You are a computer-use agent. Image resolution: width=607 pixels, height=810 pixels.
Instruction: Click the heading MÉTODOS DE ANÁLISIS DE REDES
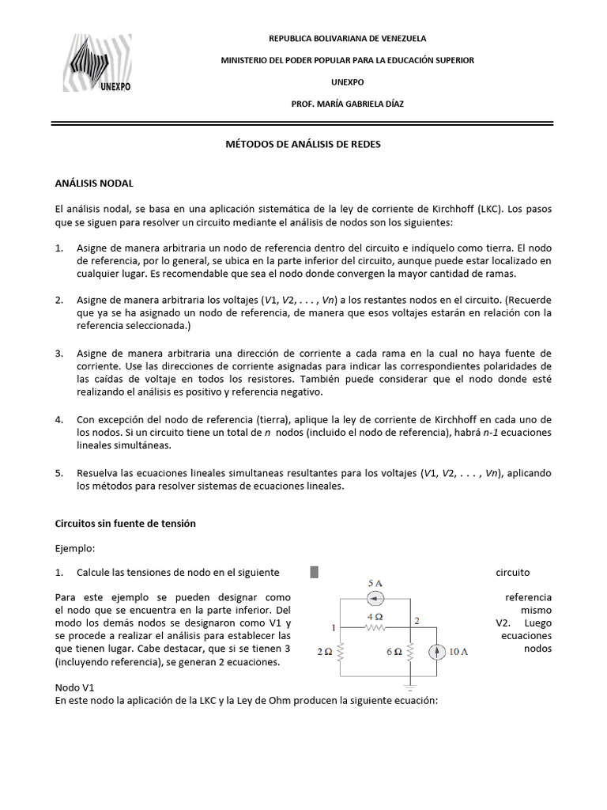(x=303, y=146)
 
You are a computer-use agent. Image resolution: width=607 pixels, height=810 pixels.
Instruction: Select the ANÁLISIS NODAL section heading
(x=94, y=184)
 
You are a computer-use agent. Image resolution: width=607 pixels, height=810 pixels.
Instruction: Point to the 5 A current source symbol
(x=375, y=598)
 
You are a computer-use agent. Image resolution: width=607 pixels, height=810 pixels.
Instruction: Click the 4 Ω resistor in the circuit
(x=374, y=626)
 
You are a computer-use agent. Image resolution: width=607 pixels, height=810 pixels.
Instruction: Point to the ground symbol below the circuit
(x=409, y=687)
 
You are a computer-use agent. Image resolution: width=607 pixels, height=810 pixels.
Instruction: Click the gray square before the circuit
(x=314, y=573)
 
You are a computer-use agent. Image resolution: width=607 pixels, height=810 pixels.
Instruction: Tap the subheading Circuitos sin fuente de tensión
(x=125, y=524)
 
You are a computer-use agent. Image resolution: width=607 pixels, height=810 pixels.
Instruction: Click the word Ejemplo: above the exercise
(x=75, y=547)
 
